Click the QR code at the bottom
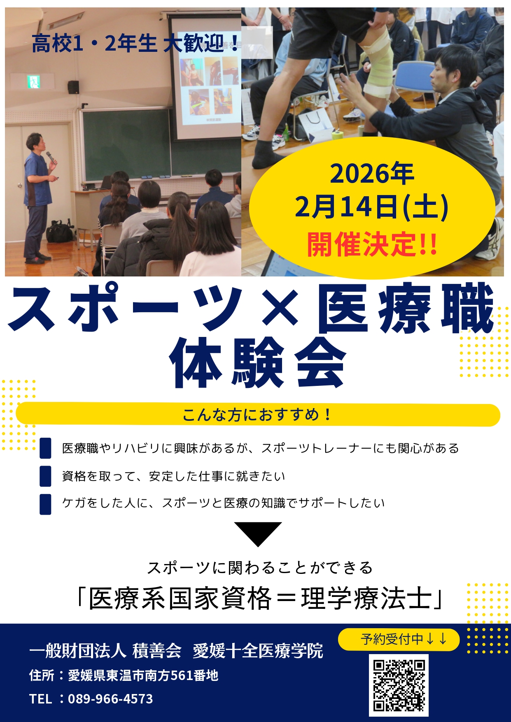pos(399,685)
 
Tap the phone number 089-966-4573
pos(110,699)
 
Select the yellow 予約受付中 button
pos(399,640)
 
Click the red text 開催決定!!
pos(372,244)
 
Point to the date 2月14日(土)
pos(371,207)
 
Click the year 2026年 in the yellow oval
pos(372,174)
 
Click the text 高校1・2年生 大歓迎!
pos(136,44)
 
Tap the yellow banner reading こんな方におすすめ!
pos(258,415)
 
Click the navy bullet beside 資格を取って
pos(45,476)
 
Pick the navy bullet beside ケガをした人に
pos(45,504)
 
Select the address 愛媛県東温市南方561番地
pos(143,676)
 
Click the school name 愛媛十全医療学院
pos(258,651)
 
